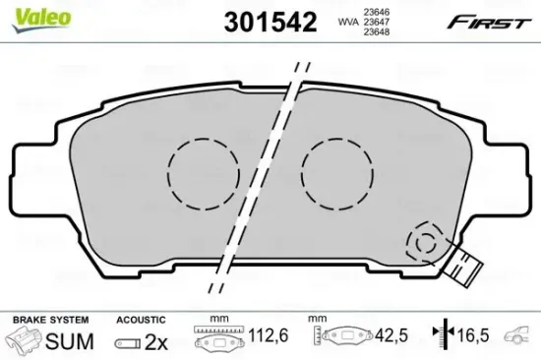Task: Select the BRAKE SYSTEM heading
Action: tap(49, 320)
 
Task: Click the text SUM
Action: tap(71, 341)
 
